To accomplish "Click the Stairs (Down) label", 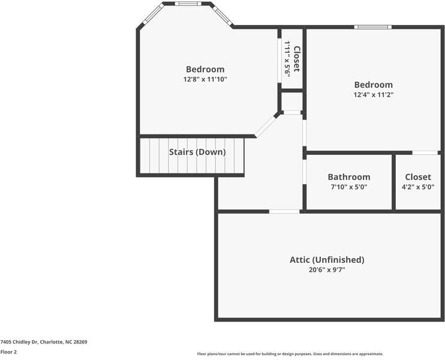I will tap(197, 152).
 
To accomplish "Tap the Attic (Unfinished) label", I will tap(327, 260).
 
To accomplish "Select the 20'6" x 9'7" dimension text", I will tap(327, 270).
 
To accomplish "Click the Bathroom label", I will tap(348, 177).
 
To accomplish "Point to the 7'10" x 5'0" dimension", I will tap(348, 187).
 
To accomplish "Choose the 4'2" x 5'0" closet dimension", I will tap(417, 187).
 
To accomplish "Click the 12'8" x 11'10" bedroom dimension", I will tap(205, 79).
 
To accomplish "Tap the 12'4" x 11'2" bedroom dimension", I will tap(373, 95).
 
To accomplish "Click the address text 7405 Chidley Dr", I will tap(44, 342).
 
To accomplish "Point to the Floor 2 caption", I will tap(8, 352).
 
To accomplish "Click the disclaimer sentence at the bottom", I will tap(290, 354).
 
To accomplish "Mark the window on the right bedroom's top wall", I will tap(372, 27).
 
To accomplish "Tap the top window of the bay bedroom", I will tap(188, 4).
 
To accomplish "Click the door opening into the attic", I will tap(284, 211).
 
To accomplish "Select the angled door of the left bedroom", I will tap(266, 125).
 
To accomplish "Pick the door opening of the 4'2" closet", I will tap(425, 153).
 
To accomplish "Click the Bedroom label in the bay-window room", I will tap(205, 69).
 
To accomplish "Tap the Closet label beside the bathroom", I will tap(417, 177).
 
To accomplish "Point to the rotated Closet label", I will tap(296, 58).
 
